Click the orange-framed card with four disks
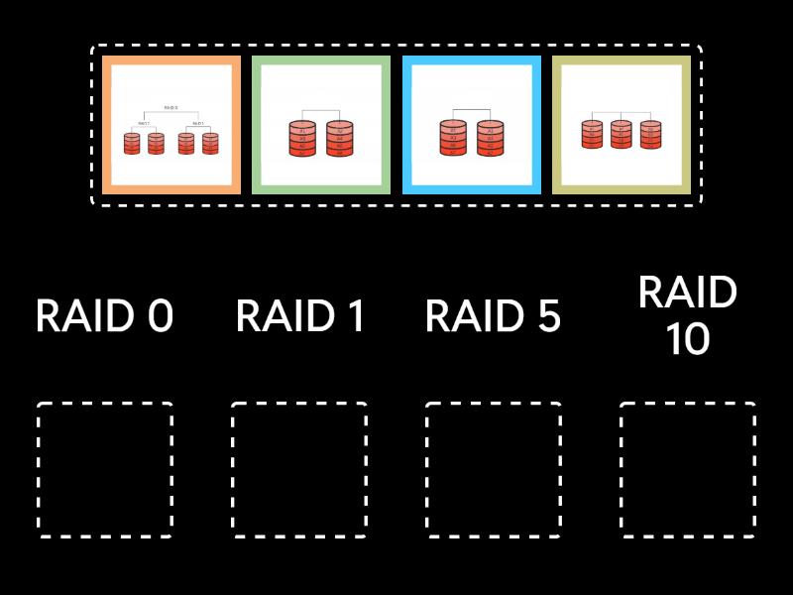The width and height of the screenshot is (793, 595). (x=170, y=124)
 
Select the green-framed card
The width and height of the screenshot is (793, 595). (x=320, y=124)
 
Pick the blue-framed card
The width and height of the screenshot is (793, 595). (x=471, y=124)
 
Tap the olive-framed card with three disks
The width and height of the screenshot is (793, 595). (x=621, y=124)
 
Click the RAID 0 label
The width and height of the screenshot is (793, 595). (x=104, y=316)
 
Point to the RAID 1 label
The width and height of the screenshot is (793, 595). (x=299, y=316)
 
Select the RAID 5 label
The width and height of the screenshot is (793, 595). (x=493, y=316)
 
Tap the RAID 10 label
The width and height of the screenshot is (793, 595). (x=687, y=316)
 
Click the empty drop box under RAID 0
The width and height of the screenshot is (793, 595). (x=105, y=470)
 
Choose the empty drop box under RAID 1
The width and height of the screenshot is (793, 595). (x=299, y=470)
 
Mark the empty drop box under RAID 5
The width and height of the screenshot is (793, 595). (x=494, y=470)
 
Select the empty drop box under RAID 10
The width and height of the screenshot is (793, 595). (x=688, y=470)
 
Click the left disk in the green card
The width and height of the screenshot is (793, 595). (x=302, y=139)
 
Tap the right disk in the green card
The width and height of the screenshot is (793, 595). (x=339, y=139)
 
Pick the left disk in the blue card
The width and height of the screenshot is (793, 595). (x=453, y=139)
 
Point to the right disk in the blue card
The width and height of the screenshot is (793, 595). (x=490, y=139)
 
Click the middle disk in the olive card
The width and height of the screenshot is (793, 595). (x=621, y=134)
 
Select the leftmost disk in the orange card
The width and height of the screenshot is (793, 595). (x=133, y=143)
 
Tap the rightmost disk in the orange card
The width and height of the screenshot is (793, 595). (x=209, y=143)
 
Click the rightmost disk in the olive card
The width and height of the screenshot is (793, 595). (x=650, y=134)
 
